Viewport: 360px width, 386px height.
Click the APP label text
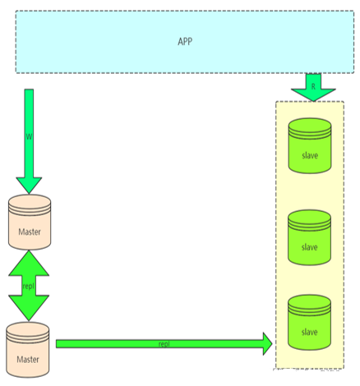[x=185, y=42]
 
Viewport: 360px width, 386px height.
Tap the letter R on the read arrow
[x=313, y=86]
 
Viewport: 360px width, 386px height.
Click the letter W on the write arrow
[x=29, y=136]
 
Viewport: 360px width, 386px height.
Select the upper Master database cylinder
[x=30, y=222]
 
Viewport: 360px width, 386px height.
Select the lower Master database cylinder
[x=28, y=350]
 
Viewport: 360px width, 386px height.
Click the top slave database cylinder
[x=310, y=146]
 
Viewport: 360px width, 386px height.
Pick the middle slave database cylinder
[x=310, y=237]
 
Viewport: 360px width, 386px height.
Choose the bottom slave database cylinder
[x=310, y=323]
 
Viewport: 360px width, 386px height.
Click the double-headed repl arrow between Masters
[x=29, y=286]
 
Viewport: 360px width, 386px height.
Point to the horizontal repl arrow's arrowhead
[x=268, y=344]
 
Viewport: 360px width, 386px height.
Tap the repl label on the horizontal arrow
[x=164, y=344]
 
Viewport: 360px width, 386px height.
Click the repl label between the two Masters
[x=29, y=287]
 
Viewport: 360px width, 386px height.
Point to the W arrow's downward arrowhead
[x=29, y=186]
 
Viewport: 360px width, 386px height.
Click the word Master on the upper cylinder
[x=30, y=232]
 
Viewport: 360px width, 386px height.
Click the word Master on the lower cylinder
[x=28, y=359]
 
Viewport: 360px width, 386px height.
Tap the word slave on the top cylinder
[x=310, y=155]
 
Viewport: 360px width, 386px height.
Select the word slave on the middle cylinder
[x=310, y=247]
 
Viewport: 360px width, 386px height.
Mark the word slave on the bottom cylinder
[x=310, y=332]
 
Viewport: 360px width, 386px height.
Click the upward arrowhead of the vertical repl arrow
[x=29, y=264]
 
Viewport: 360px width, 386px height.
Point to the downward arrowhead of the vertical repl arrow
[x=29, y=308]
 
